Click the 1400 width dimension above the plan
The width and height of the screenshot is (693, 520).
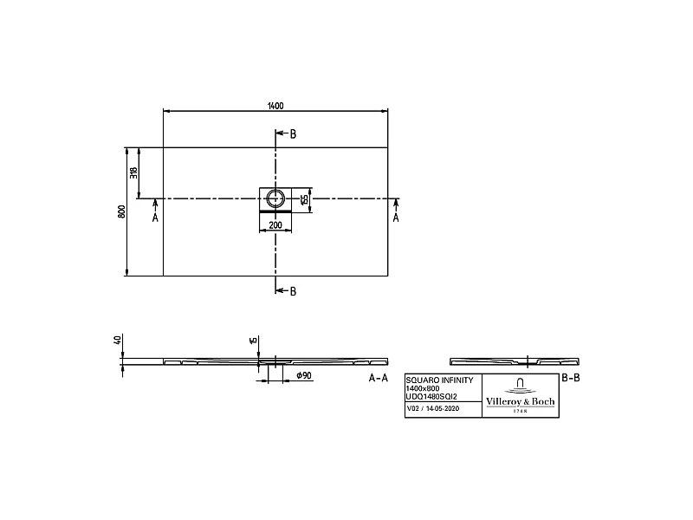pos(275,106)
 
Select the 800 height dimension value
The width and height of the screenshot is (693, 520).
pos(122,211)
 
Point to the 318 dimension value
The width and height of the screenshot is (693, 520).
pos(133,172)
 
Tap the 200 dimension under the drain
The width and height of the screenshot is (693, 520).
pos(275,225)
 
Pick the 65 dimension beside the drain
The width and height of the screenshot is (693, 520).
pos(305,199)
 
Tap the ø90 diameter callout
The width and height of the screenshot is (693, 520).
pos(303,374)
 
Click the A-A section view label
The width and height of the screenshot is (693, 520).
pos(378,379)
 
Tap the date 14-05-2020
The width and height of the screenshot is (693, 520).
pos(443,407)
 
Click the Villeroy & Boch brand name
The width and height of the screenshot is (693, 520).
pos(519,402)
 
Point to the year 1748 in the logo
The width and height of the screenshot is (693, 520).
pos(519,411)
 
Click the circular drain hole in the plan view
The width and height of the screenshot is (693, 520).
pos(275,198)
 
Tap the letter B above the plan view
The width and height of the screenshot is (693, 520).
pos(293,133)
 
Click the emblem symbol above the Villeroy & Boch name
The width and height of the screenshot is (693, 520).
pos(519,385)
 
